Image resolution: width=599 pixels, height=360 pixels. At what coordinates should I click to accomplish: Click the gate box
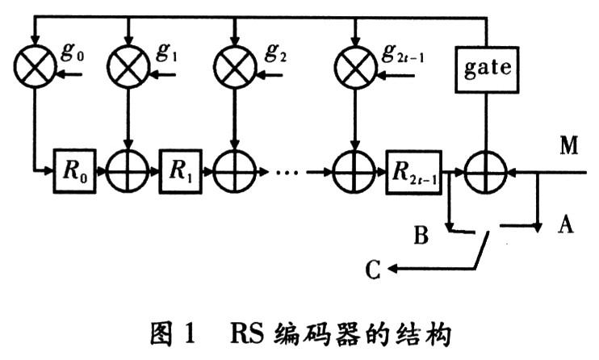tap(488, 67)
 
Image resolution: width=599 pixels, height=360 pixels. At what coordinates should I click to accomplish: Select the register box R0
tap(74, 171)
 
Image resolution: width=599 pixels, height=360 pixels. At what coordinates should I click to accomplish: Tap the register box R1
tap(179, 171)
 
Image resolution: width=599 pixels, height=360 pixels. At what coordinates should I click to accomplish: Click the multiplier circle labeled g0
tap(34, 66)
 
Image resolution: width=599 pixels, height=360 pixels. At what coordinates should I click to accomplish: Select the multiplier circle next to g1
tap(128, 66)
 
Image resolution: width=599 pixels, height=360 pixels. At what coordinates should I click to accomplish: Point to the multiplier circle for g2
tap(234, 66)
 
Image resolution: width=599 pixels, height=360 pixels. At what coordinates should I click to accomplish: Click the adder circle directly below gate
tap(488, 171)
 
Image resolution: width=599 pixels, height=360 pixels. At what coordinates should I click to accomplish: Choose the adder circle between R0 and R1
tap(128, 171)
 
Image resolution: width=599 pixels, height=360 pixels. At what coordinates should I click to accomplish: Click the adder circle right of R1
tap(234, 171)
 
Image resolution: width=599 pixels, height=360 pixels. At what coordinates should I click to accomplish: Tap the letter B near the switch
tap(421, 237)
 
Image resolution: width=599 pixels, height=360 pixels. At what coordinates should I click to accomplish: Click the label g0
tap(73, 54)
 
